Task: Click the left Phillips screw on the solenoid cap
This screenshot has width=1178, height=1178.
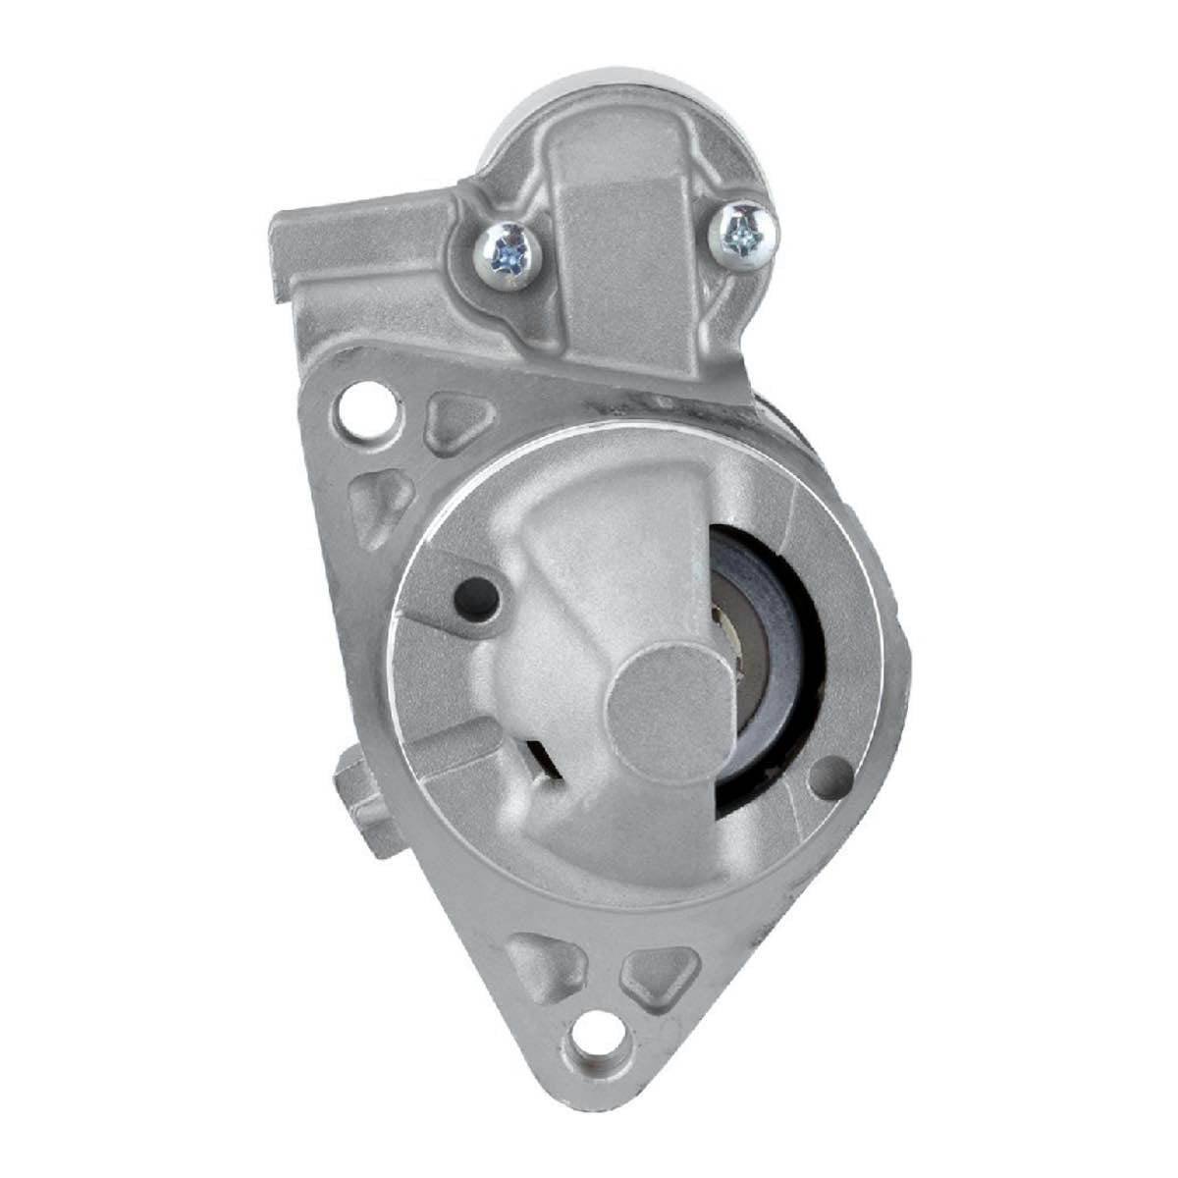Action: pyautogui.click(x=510, y=255)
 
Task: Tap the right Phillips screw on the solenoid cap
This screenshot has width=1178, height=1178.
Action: pyautogui.click(x=744, y=233)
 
